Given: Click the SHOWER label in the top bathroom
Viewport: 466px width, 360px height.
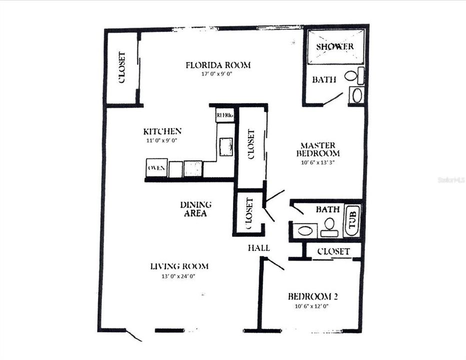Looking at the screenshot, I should pyautogui.click(x=334, y=46).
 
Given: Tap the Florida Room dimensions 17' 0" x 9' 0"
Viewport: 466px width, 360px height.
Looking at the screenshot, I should pyautogui.click(x=218, y=73).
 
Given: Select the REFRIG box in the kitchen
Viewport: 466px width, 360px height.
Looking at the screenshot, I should pyautogui.click(x=224, y=115).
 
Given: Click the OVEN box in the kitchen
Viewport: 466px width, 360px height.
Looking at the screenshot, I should pyautogui.click(x=156, y=168).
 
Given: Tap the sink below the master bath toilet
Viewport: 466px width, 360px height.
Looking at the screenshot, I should pyautogui.click(x=356, y=95).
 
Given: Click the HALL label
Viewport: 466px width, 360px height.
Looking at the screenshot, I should pyautogui.click(x=259, y=248).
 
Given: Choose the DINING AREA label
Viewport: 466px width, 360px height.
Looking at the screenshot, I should pyautogui.click(x=195, y=209).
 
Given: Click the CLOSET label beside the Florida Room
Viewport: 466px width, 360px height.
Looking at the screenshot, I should pyautogui.click(x=121, y=67).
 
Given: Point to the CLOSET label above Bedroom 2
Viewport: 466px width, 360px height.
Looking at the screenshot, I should pyautogui.click(x=333, y=251).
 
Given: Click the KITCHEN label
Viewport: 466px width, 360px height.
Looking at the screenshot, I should pyautogui.click(x=162, y=131).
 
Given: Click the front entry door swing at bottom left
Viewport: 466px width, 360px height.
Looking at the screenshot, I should pyautogui.click(x=133, y=335).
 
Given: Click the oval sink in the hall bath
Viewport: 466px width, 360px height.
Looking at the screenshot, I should pyautogui.click(x=304, y=231).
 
